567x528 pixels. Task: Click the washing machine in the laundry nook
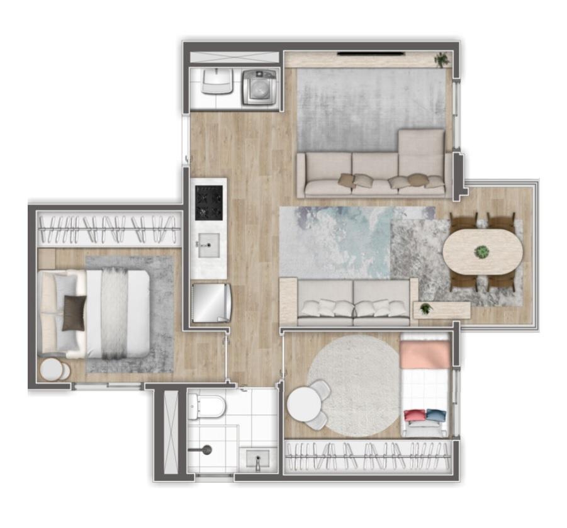click(x=259, y=87)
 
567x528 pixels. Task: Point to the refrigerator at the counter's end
click(x=211, y=302)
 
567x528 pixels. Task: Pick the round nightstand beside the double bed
click(x=52, y=369)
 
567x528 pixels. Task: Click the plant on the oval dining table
click(x=482, y=252)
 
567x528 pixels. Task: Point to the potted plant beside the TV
click(x=442, y=59)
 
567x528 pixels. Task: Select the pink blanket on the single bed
click(x=425, y=355)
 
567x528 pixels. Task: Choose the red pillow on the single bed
click(x=414, y=415)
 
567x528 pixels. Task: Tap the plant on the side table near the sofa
click(x=426, y=308)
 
